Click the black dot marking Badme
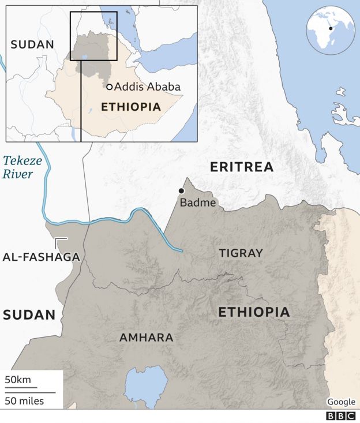pos(181,191)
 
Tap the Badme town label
pos(198,203)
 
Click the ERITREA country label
pos(241,167)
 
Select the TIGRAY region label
pos(241,253)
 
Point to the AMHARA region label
pos(146,338)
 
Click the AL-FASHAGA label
pos(40,257)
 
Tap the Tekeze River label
pos(22,167)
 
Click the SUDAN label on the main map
pos(29,315)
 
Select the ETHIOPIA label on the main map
pos(254,312)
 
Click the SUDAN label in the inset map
pos(32,44)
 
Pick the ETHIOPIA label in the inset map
pos(130,107)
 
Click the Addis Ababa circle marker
pos(109,87)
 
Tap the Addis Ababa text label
pos(148,87)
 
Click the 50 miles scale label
pos(25,400)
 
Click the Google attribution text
pos(341,402)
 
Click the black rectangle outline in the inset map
pos(93,12)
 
